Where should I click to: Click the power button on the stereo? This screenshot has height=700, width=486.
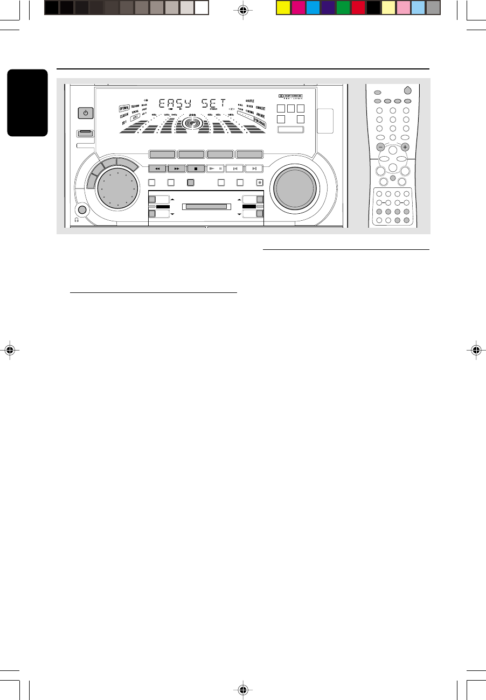coord(85,113)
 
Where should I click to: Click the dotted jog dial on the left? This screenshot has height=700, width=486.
coord(114,191)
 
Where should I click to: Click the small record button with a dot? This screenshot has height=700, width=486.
coord(259,182)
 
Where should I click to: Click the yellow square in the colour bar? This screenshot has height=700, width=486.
coord(282,7)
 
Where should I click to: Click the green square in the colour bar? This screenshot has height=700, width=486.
coord(343,7)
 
